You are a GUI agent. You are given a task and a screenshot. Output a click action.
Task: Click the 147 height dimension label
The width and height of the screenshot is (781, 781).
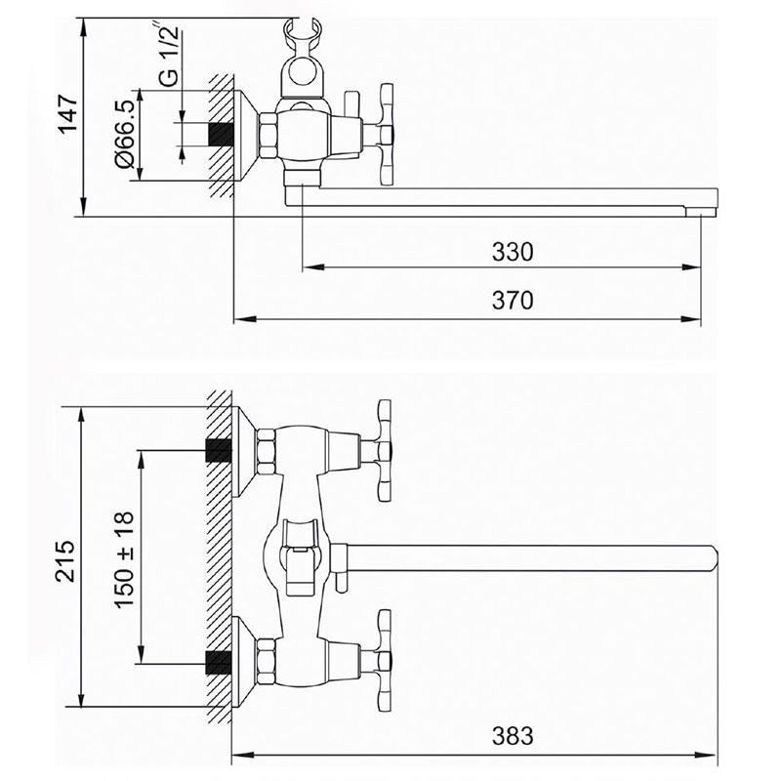click(x=68, y=113)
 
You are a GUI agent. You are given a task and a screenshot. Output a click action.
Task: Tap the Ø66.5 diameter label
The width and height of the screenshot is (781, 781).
click(x=125, y=134)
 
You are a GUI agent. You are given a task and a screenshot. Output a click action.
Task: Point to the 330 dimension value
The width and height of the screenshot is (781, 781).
click(x=513, y=252)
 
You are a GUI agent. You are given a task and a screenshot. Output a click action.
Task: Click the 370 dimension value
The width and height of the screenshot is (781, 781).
click(x=513, y=301)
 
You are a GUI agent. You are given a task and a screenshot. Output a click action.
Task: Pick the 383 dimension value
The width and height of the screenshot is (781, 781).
click(x=513, y=736)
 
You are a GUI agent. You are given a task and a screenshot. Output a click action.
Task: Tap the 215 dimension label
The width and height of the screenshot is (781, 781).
click(x=65, y=560)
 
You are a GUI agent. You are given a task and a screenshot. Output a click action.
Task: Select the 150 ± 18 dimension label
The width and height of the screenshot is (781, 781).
click(x=125, y=559)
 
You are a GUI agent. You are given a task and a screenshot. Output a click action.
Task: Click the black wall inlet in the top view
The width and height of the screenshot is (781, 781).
click(x=221, y=135)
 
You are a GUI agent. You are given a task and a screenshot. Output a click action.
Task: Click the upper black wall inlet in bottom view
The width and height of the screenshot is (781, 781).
click(x=219, y=450)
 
